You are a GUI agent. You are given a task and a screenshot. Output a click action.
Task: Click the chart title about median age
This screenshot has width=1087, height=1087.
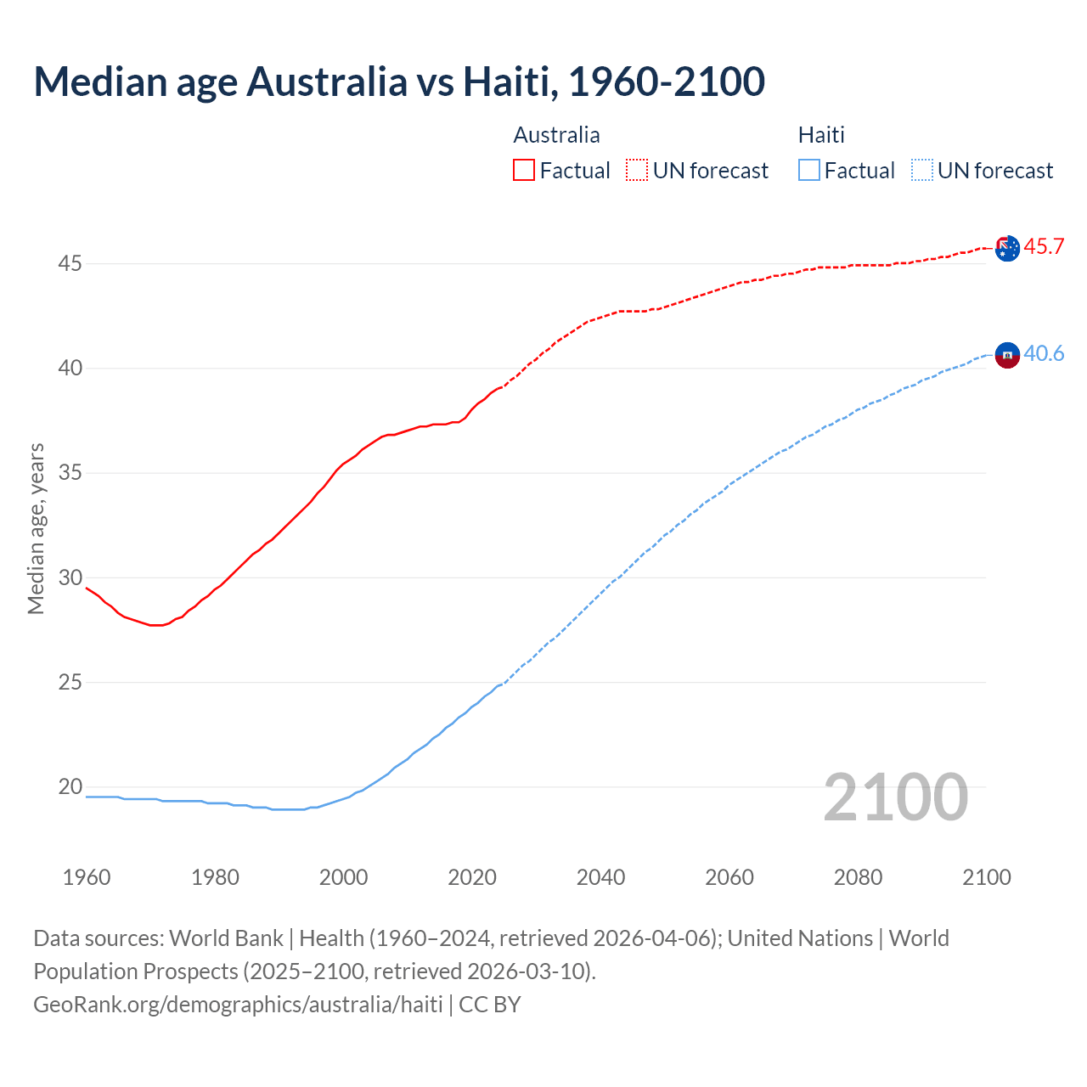click(399, 82)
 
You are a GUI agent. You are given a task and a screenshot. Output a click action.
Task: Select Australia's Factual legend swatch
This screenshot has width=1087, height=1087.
click(524, 170)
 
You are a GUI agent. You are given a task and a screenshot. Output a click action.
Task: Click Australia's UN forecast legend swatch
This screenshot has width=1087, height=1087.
click(637, 170)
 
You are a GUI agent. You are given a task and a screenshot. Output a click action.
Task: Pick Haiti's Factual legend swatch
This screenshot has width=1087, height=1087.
click(809, 170)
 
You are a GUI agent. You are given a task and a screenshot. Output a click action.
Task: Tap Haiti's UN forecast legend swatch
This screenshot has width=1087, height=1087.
click(922, 170)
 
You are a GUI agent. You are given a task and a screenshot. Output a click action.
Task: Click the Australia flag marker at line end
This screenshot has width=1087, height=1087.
click(1007, 249)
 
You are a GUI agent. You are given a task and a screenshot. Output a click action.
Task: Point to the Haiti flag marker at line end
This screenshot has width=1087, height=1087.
click(1007, 354)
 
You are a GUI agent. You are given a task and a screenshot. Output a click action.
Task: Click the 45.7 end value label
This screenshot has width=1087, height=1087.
click(1044, 247)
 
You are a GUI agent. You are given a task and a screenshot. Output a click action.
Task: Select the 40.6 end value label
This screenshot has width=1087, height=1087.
click(1044, 353)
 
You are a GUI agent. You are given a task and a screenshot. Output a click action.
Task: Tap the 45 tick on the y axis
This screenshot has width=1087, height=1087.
click(70, 264)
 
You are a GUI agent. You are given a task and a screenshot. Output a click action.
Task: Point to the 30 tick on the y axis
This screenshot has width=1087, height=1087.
click(70, 577)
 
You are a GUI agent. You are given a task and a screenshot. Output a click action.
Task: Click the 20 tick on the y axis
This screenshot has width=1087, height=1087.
click(70, 786)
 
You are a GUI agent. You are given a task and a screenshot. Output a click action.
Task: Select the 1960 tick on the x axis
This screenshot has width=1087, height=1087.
click(87, 877)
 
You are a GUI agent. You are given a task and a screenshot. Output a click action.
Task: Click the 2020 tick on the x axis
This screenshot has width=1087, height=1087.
click(472, 877)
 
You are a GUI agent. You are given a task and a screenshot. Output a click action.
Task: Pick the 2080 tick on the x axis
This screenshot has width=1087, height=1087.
click(858, 877)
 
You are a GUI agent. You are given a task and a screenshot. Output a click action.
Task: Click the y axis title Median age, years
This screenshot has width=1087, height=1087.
click(36, 528)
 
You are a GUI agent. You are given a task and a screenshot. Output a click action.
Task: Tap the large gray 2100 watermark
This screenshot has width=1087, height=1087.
click(895, 797)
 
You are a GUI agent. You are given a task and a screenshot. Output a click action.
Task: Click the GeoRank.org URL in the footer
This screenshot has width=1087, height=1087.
click(238, 1004)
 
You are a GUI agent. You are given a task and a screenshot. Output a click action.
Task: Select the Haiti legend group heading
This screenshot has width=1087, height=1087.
click(821, 135)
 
